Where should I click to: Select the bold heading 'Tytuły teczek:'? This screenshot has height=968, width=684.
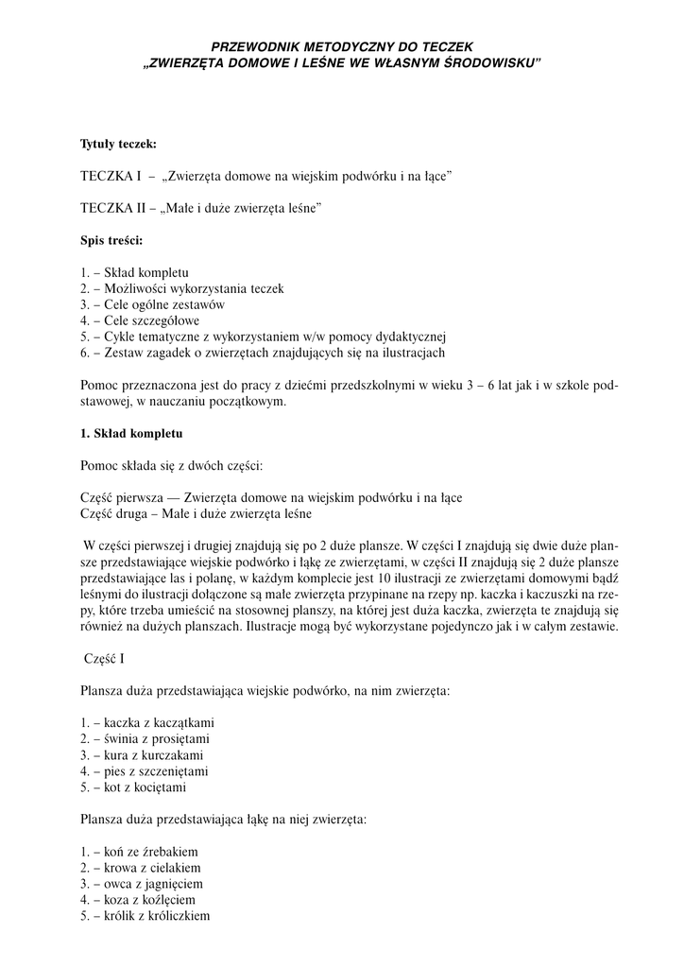click(x=118, y=145)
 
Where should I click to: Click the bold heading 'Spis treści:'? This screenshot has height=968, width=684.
click(x=111, y=240)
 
